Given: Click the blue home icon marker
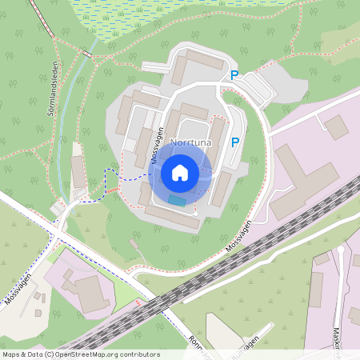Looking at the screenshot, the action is pyautogui.click(x=180, y=172).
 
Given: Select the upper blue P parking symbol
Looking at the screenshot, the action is pyautogui.click(x=234, y=75).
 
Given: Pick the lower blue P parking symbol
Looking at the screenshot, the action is pyautogui.click(x=234, y=142).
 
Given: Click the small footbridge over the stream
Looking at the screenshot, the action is pyautogui.click(x=86, y=54).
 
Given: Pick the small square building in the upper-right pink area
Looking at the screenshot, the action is pyautogui.click(x=337, y=126).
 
